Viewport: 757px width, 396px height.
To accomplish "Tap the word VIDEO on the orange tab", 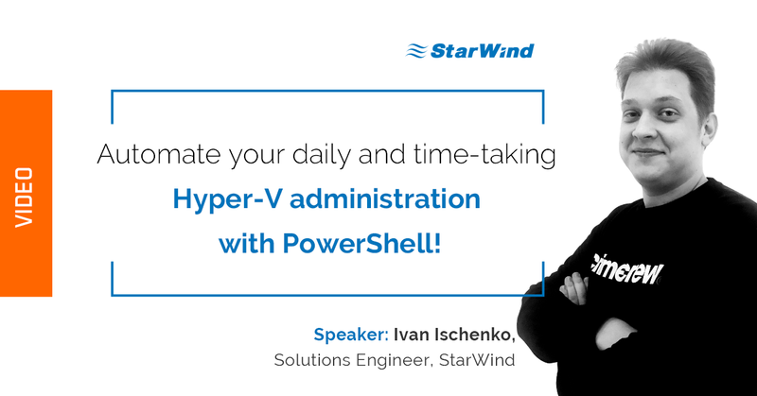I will pyautogui.click(x=25, y=197).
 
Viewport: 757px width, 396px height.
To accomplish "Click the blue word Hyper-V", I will pyautogui.click(x=219, y=200).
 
